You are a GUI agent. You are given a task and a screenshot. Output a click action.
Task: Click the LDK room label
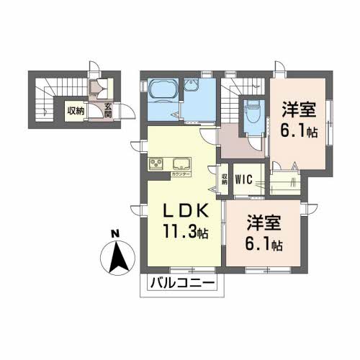click(x=183, y=211)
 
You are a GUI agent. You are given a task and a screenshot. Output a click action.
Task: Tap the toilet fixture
click(x=253, y=112)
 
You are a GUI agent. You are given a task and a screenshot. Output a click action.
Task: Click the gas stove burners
click(x=157, y=163)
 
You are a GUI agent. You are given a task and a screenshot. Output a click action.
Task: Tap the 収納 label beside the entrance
click(x=76, y=110)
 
